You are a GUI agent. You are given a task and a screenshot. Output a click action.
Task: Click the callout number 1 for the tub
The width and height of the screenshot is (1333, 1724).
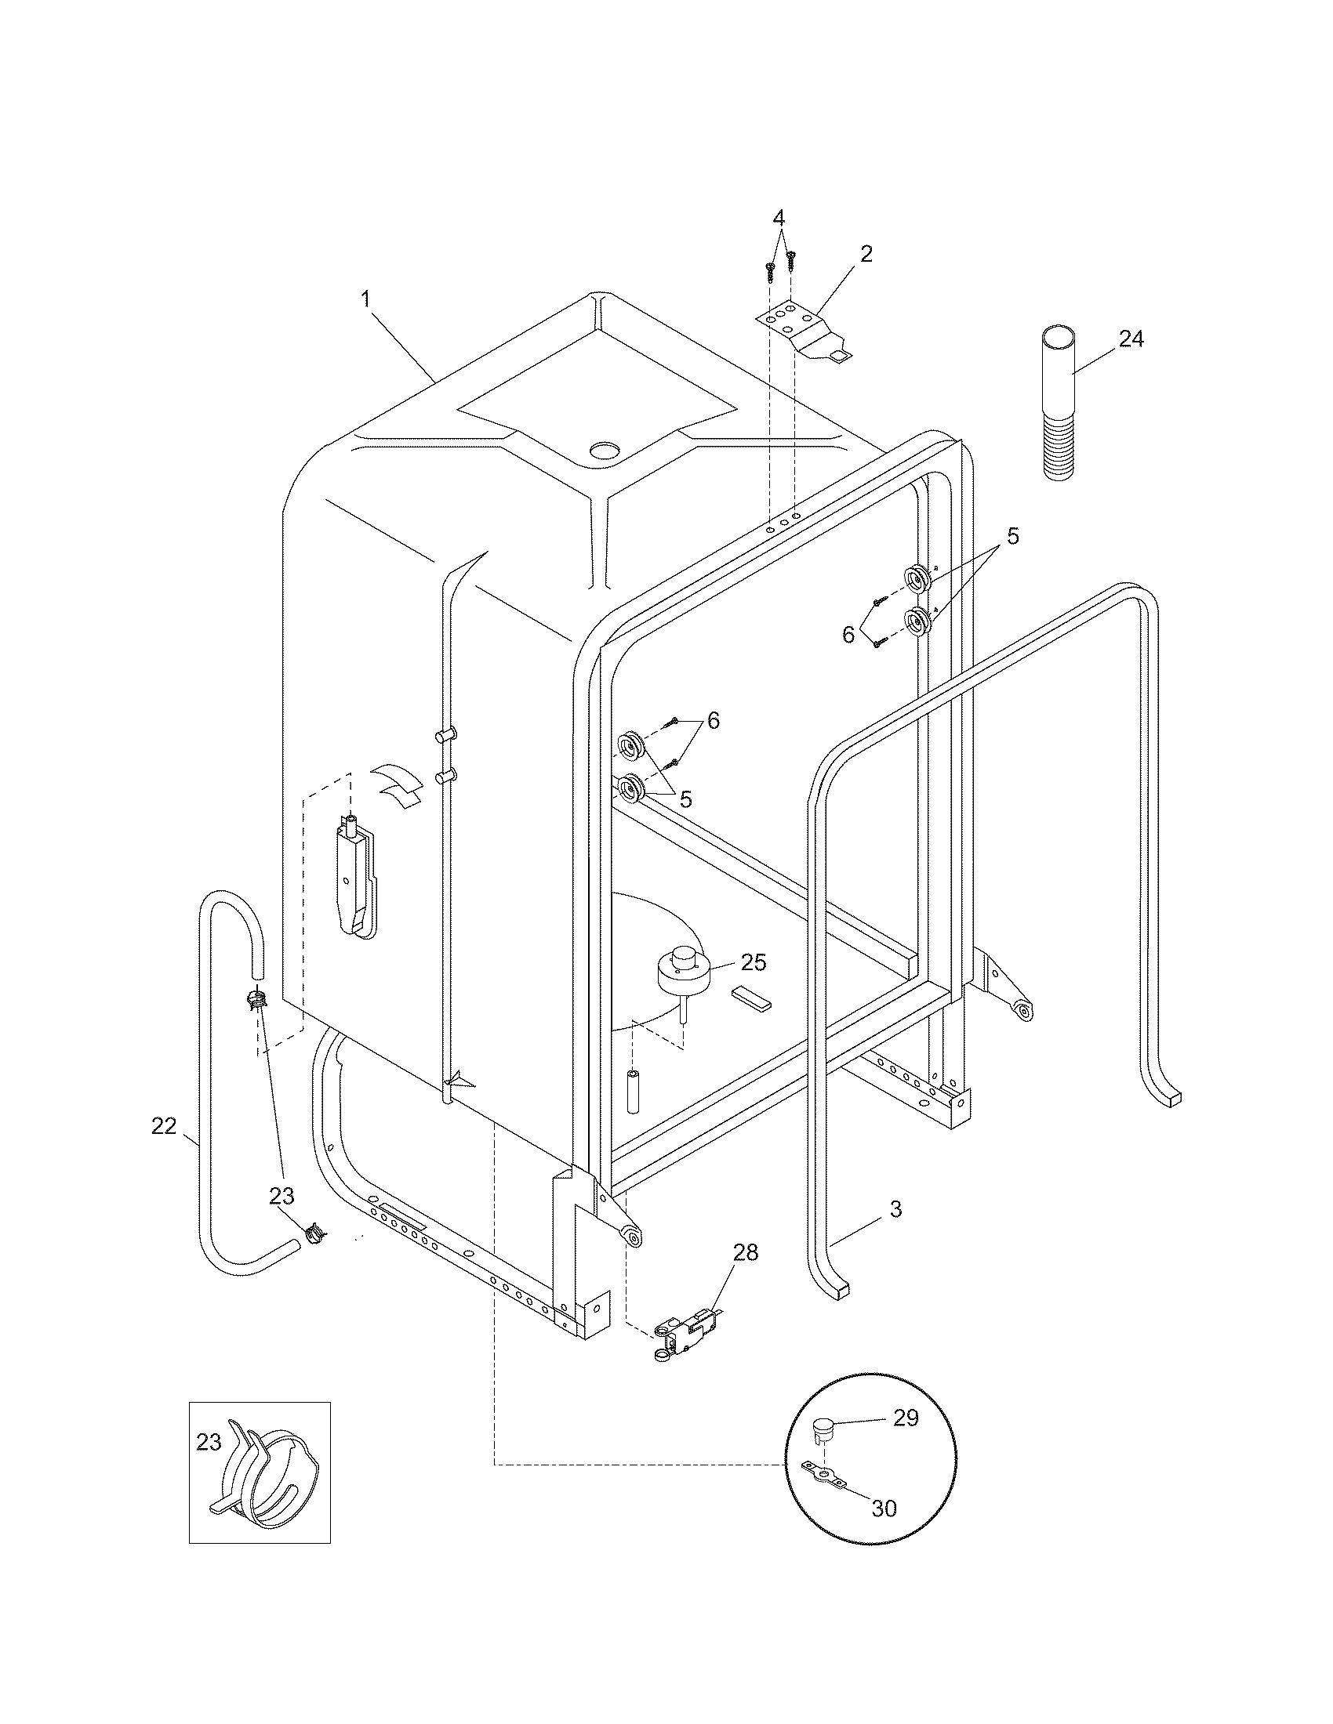point(365,299)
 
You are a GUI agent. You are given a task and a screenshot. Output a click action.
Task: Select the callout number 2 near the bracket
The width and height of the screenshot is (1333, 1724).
point(866,253)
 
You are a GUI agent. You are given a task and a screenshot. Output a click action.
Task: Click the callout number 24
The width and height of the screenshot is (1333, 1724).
point(1131,339)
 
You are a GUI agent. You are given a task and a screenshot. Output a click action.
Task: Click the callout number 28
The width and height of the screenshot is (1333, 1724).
point(744,1252)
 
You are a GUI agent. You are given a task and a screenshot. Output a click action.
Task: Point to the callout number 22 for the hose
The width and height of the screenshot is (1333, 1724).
point(163,1126)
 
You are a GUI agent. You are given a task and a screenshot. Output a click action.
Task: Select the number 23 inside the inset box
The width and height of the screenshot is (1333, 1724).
point(209,1442)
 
